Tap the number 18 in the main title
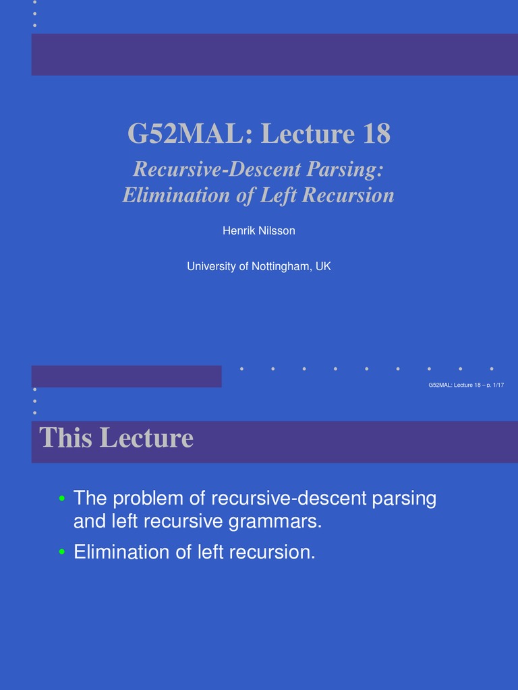[376, 134]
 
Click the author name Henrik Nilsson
[259, 231]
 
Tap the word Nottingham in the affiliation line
[281, 267]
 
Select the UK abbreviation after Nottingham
[323, 267]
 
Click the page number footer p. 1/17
[495, 385]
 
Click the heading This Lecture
[116, 439]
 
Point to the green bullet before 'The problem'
[61, 499]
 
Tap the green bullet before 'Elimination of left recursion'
[61, 553]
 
